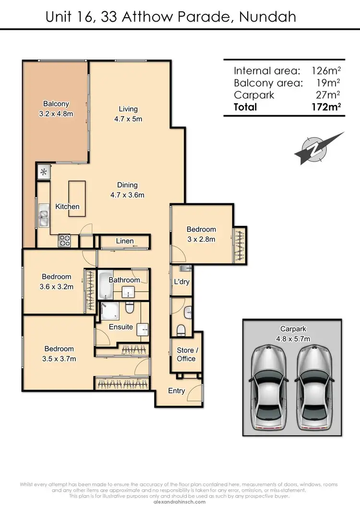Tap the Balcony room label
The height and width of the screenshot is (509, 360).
tap(56, 107)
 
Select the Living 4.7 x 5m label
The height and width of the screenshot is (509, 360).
tap(128, 114)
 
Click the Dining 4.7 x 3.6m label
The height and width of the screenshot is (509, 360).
tap(127, 189)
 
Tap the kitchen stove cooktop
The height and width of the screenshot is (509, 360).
tap(64, 240)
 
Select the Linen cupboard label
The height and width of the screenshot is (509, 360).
tap(124, 241)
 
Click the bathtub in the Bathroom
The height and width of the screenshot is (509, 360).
tap(105, 286)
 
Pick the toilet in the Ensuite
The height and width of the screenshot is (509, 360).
tap(130, 308)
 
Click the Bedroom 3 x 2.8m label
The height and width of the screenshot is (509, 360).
tap(201, 234)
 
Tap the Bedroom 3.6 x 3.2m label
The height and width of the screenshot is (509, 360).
tap(57, 282)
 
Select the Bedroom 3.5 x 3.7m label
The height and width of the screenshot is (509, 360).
tap(60, 354)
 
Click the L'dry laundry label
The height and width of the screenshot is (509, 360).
tap(181, 282)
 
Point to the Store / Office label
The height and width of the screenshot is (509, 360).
tap(186, 355)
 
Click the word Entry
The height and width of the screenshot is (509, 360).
tap(177, 391)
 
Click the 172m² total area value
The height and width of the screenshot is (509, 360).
tap(326, 107)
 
